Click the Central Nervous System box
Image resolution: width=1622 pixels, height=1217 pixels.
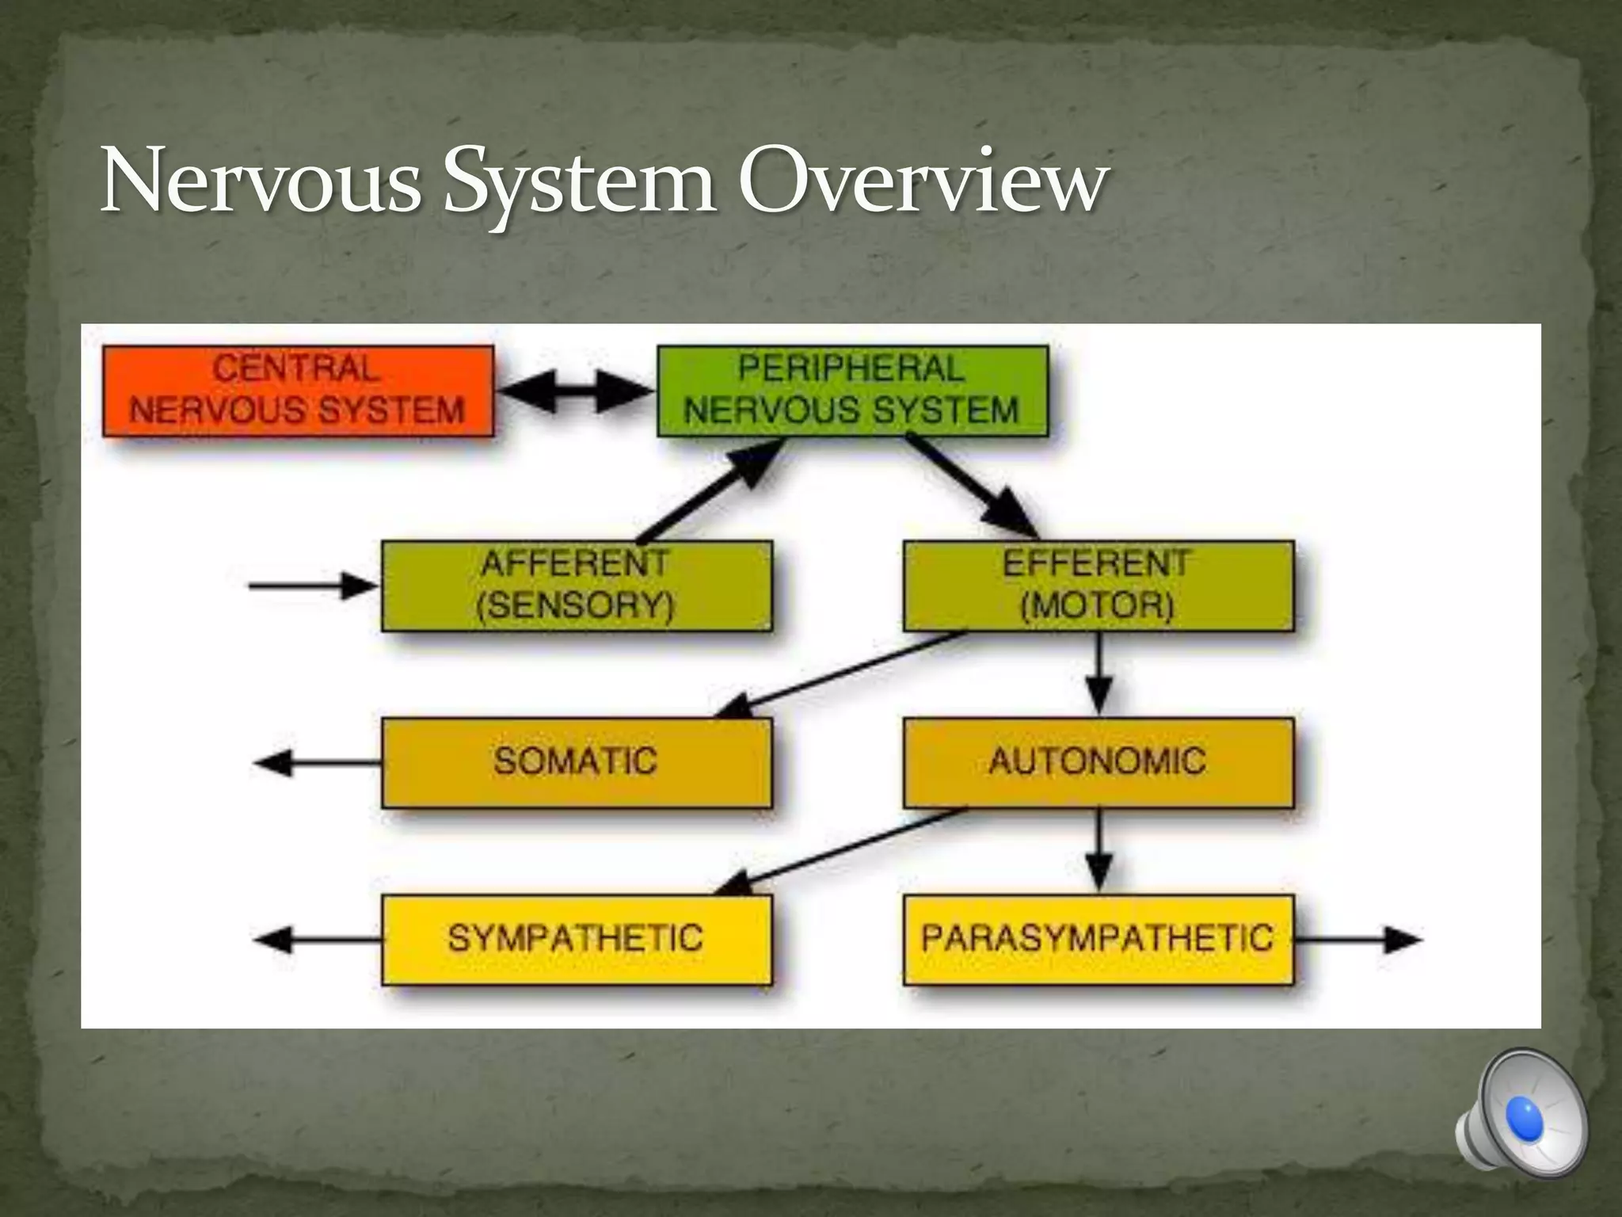(x=298, y=391)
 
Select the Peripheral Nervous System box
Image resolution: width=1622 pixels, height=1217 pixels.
(x=852, y=391)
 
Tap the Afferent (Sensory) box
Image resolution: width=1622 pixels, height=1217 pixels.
(x=577, y=586)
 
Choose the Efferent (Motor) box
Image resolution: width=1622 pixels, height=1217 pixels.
(x=1098, y=586)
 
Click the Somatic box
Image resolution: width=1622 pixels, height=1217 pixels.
(x=577, y=762)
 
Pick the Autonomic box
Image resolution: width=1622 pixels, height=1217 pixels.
(x=1098, y=762)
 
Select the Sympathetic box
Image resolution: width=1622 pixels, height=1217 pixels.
(x=577, y=940)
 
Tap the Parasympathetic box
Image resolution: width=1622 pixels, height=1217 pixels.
(x=1098, y=940)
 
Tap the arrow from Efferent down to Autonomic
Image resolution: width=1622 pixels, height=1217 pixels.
(x=1098, y=673)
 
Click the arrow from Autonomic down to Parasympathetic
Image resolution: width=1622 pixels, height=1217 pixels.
(x=1098, y=851)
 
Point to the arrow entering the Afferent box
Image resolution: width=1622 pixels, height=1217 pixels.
(x=314, y=586)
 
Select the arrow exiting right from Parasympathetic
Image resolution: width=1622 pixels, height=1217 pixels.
(x=1357, y=940)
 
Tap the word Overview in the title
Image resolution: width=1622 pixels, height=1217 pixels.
(x=922, y=182)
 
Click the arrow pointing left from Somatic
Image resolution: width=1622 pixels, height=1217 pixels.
(x=317, y=763)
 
